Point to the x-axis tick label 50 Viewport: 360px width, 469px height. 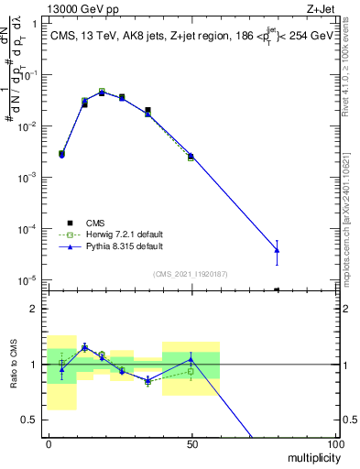coord(191,443)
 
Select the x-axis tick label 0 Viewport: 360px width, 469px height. coord(48,443)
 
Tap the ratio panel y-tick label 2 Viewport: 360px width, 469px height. coord(33,309)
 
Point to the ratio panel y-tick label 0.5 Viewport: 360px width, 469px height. coord(29,420)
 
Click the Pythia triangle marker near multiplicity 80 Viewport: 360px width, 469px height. coord(277,250)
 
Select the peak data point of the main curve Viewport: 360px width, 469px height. coord(102,92)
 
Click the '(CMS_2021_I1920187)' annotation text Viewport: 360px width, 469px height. coord(190,273)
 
